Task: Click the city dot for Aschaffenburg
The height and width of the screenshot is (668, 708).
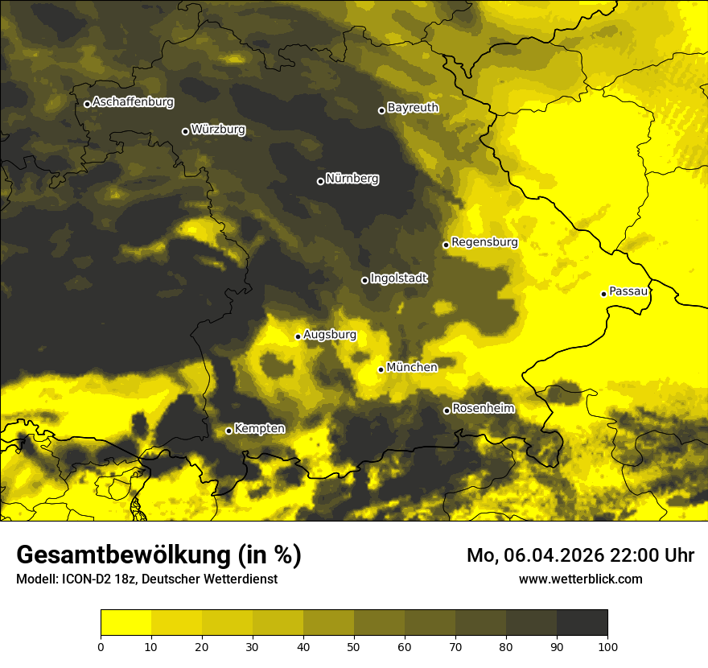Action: [87, 104]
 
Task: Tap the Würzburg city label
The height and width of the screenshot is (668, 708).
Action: [218, 130]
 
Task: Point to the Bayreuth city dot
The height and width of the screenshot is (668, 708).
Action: [381, 110]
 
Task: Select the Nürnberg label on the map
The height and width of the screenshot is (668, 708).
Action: [352, 179]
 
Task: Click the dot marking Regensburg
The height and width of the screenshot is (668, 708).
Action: [446, 245]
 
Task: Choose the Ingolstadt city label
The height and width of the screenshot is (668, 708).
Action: [399, 278]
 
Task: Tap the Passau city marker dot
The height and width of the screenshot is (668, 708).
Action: [603, 294]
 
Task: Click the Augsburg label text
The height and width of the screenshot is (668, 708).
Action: [330, 335]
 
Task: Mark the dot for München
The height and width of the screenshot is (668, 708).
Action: [381, 369]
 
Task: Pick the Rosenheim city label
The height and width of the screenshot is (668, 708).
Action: [483, 408]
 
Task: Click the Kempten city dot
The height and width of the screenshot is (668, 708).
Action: [228, 431]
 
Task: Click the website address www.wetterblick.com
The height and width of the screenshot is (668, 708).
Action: [580, 579]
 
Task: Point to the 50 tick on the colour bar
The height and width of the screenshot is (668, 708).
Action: [354, 645]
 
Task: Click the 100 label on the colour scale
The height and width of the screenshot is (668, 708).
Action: [607, 645]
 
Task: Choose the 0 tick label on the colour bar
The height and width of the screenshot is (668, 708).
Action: [101, 645]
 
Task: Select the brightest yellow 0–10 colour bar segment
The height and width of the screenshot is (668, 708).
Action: [126, 623]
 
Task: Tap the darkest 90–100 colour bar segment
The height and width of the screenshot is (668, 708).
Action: [582, 623]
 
